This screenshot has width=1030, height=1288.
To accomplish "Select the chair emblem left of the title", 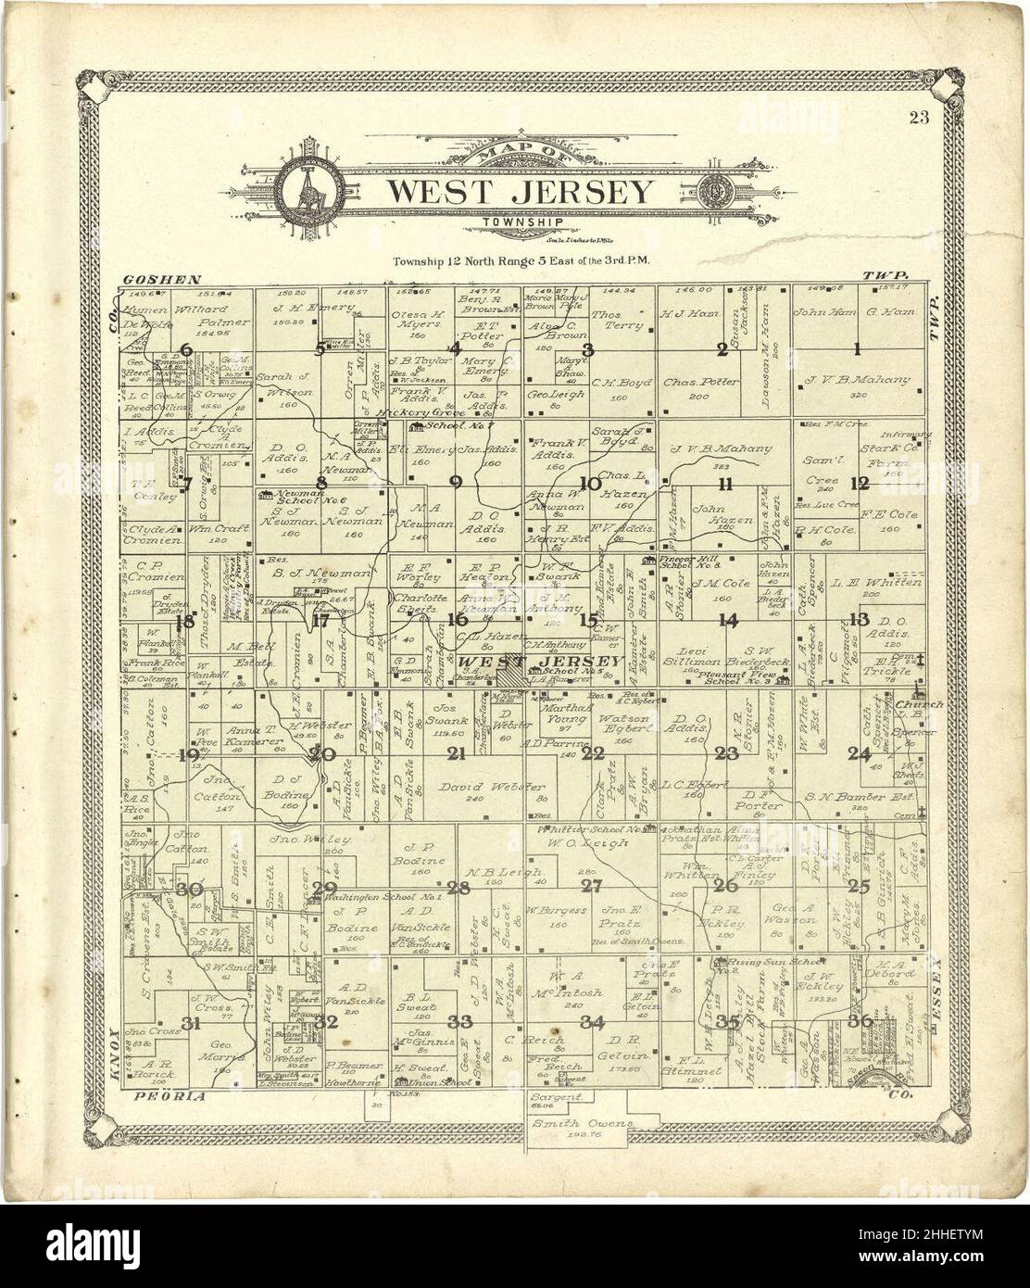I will coord(308,194).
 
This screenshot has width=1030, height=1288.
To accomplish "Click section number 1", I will coord(858,349).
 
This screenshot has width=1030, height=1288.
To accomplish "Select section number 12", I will coord(860,483).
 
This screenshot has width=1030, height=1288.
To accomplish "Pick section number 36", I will coord(860,1021).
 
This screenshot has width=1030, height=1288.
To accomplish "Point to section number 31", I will coord(191,1024).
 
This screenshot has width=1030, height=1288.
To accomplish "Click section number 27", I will coord(591,887).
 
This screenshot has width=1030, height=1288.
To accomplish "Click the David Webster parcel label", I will coord(475,787).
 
